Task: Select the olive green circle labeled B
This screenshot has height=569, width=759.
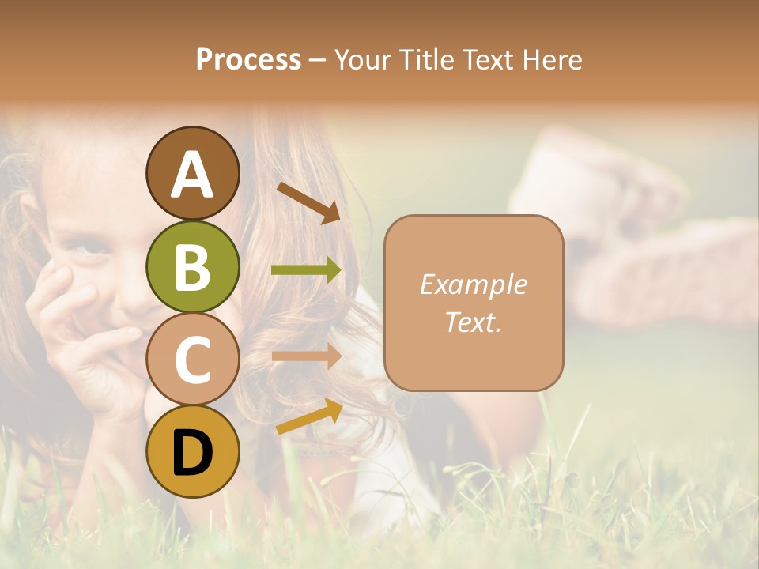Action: (x=192, y=266)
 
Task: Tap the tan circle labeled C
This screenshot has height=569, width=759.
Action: (x=192, y=360)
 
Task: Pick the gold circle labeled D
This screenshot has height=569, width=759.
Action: (x=192, y=452)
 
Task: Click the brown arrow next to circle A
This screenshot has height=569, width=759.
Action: (x=308, y=202)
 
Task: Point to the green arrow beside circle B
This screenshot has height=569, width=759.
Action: (x=306, y=270)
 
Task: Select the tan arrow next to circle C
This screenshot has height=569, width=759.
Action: (x=306, y=356)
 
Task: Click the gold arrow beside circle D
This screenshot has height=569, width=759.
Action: (x=309, y=416)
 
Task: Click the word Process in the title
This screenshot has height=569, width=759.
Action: (x=248, y=60)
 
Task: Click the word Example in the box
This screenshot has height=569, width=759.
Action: (x=473, y=284)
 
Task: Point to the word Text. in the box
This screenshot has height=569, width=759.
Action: (x=473, y=322)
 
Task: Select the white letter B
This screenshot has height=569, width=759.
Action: (x=192, y=267)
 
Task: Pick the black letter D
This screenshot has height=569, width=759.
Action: (x=192, y=453)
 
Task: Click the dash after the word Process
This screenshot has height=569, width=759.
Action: (x=318, y=60)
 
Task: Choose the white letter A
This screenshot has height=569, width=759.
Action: (x=192, y=174)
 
